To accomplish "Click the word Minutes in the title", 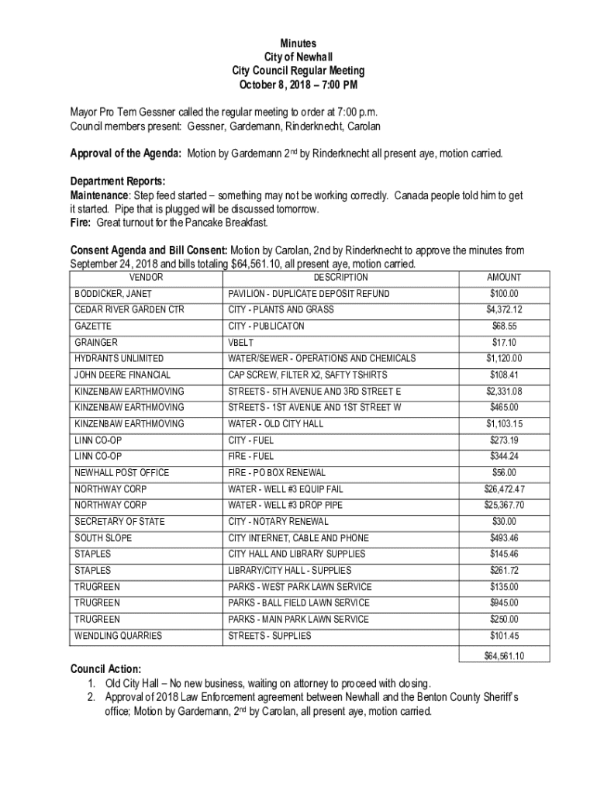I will (298, 44).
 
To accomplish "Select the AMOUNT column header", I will (503, 278).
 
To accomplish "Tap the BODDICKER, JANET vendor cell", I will (113, 294).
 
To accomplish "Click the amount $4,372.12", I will (504, 310).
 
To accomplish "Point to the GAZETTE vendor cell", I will (93, 326).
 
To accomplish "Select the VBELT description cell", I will (241, 343).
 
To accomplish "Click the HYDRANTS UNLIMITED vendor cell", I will (119, 359).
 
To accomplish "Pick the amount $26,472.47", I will (504, 489).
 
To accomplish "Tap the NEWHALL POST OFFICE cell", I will (122, 473).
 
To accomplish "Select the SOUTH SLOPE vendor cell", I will (103, 538).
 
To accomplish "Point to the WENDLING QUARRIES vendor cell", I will (118, 636).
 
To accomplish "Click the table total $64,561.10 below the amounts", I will (504, 655).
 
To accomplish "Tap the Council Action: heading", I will (106, 668).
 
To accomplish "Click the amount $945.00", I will (504, 603).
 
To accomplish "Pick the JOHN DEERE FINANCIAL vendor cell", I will (123, 375).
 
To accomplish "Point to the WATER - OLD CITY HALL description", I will (276, 424).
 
